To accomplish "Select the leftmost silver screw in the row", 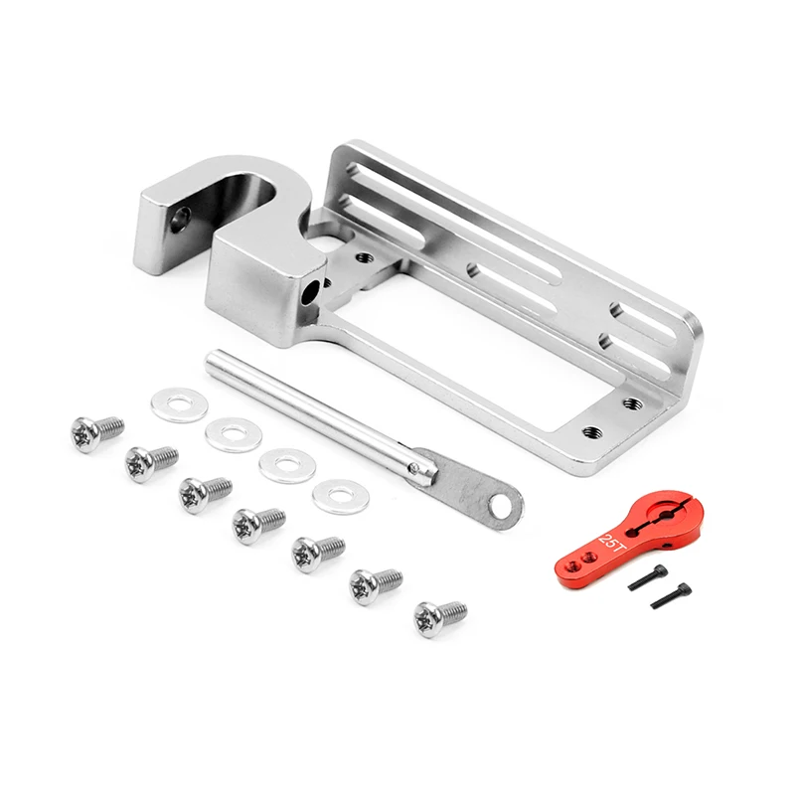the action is [x=96, y=432].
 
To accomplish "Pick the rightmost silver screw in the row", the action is [x=439, y=617].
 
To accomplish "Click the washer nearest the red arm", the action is [x=341, y=496].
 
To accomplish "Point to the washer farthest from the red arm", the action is [x=179, y=404].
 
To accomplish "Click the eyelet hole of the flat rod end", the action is [x=499, y=507].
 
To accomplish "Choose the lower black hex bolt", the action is [x=670, y=595].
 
